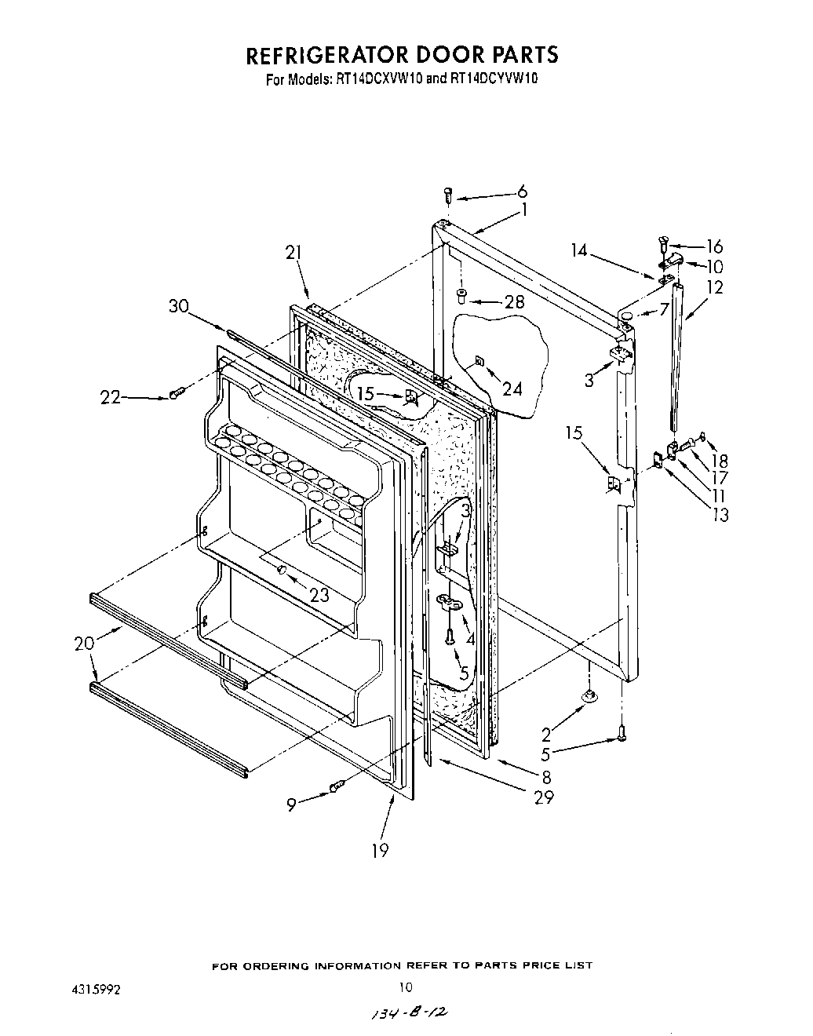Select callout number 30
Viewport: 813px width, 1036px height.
[179, 306]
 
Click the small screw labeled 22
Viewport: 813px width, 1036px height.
[176, 392]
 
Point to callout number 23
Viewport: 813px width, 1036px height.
[319, 595]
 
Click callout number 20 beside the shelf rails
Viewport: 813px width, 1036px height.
[84, 643]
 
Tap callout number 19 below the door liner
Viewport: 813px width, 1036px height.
[380, 849]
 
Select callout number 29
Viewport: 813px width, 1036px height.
[543, 797]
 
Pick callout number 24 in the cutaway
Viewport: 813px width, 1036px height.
[512, 388]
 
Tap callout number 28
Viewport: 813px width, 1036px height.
[514, 302]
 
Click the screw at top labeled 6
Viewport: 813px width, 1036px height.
[449, 194]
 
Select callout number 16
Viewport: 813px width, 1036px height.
[715, 246]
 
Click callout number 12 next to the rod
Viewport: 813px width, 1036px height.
[715, 287]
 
